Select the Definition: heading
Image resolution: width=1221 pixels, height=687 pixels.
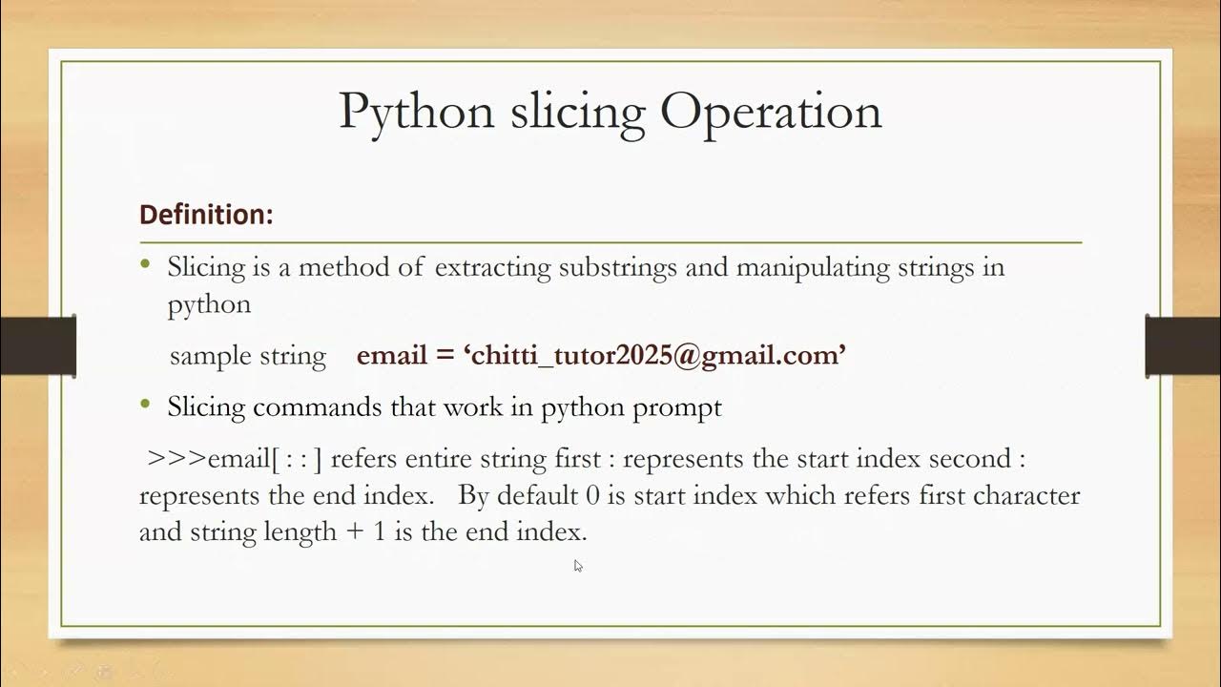click(x=206, y=215)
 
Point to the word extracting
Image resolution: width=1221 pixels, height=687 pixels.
click(x=492, y=267)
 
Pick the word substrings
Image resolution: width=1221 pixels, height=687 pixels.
click(x=619, y=267)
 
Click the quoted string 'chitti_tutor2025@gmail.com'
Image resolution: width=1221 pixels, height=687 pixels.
click(x=655, y=356)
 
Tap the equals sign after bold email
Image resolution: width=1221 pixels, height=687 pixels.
click(x=445, y=356)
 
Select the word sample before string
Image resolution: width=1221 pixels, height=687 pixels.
click(x=205, y=356)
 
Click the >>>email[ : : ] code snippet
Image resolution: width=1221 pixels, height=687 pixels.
click(x=235, y=459)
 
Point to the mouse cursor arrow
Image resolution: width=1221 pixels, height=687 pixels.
click(x=577, y=565)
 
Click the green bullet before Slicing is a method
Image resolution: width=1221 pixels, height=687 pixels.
click(x=145, y=264)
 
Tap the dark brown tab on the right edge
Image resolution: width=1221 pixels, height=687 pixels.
click(x=1183, y=345)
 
